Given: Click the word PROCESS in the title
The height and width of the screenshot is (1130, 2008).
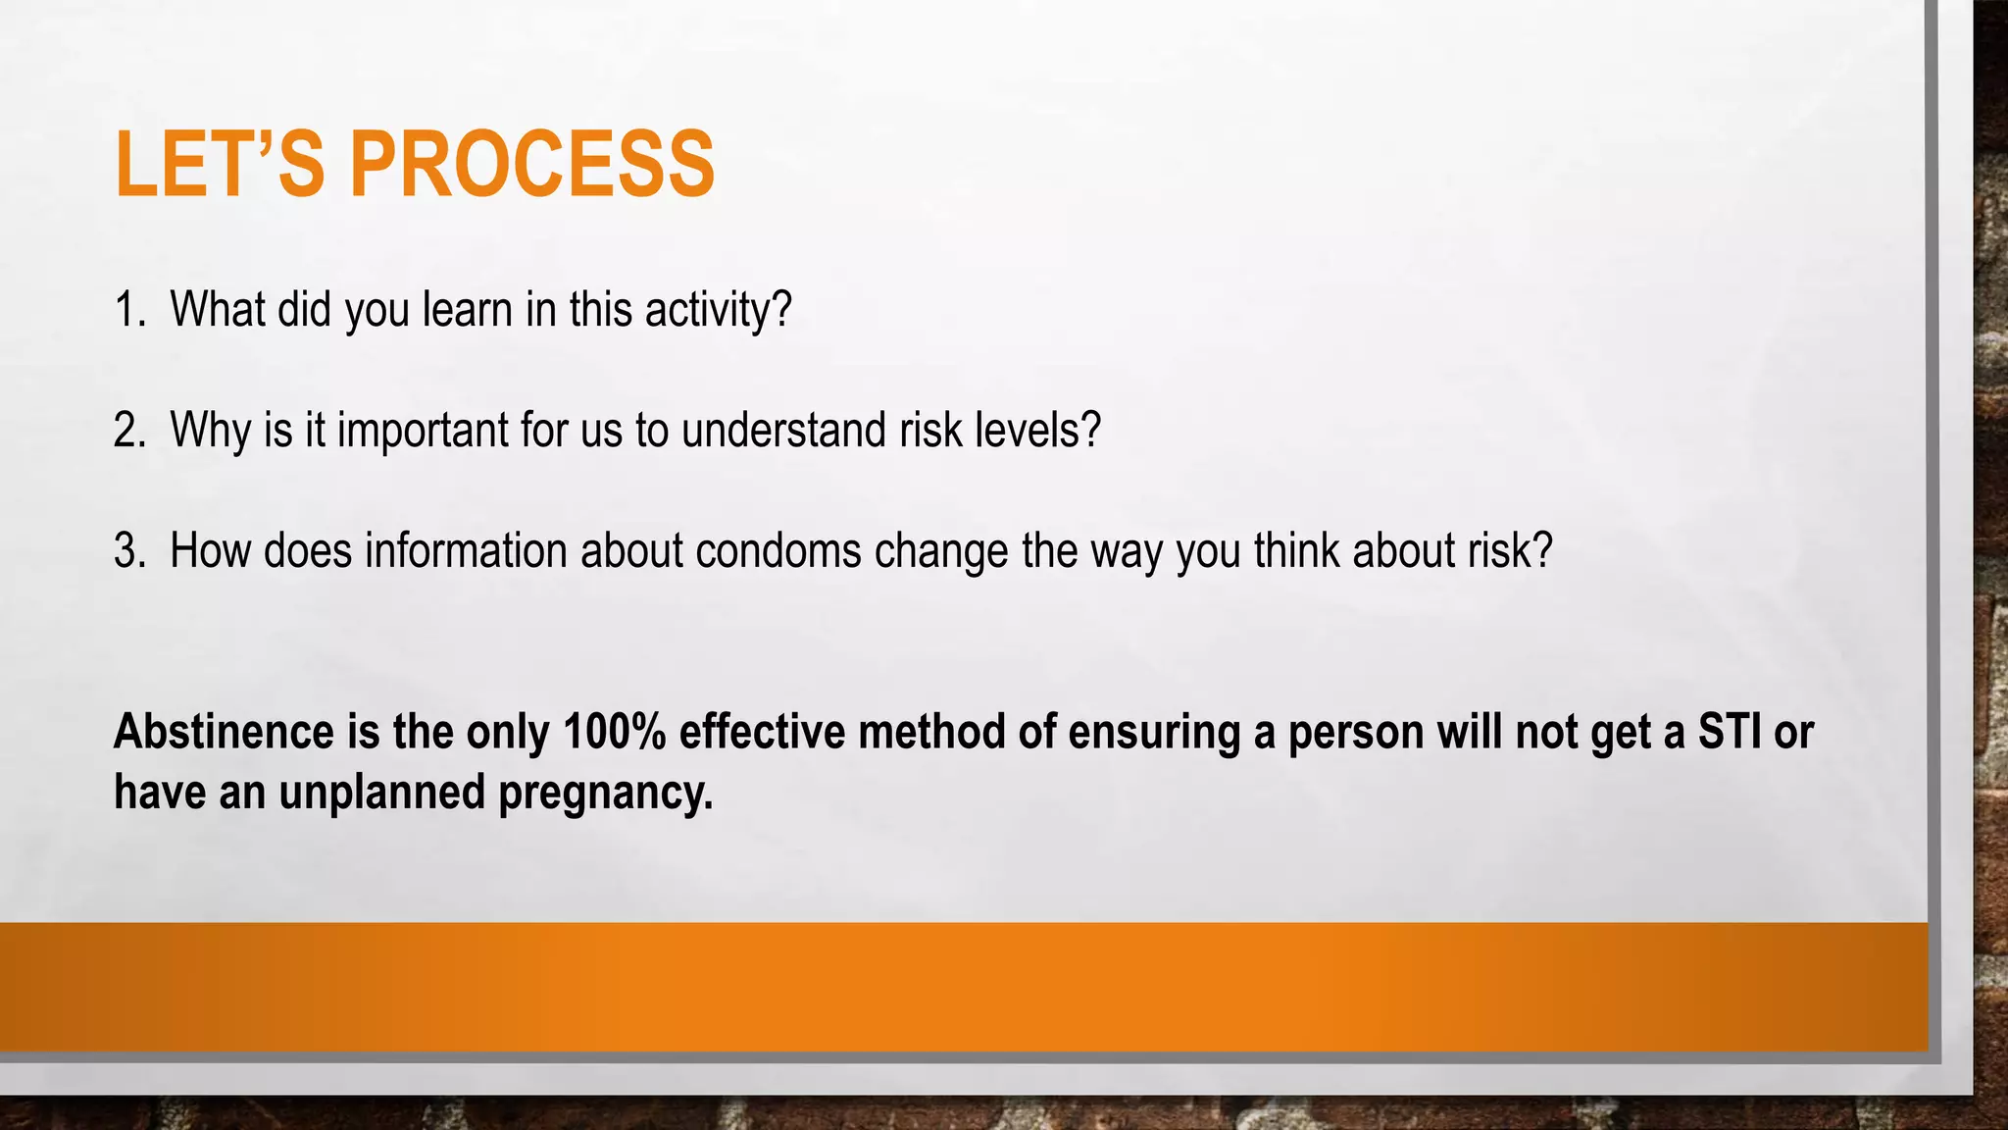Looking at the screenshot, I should point(532,164).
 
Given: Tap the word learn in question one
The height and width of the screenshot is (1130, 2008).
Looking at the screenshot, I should point(468,310).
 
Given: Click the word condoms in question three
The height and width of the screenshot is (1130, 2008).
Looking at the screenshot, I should point(778,551).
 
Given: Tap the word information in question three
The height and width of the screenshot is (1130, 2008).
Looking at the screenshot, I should point(467,551).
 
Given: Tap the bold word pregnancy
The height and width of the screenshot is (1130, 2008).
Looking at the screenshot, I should point(605,793).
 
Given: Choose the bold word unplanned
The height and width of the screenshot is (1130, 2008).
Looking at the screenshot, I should point(382,793).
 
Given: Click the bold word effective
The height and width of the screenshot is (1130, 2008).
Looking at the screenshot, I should point(762,732).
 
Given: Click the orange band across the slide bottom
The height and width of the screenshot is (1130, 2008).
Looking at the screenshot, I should point(961,987).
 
